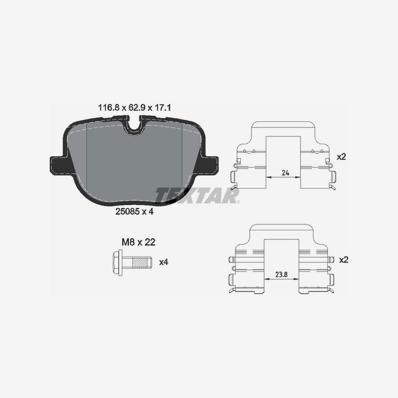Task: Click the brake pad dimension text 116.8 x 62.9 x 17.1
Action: coord(134,107)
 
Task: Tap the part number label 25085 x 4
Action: coord(134,211)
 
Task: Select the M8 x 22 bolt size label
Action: coord(138,242)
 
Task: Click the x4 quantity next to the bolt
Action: coord(164,262)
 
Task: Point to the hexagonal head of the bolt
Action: coord(117,262)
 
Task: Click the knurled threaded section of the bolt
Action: coord(141,262)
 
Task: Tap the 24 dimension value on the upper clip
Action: coord(286,173)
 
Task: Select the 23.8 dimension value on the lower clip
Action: coord(282,275)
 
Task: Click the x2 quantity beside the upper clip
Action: coord(341,157)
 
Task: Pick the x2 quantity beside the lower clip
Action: coord(344,260)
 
